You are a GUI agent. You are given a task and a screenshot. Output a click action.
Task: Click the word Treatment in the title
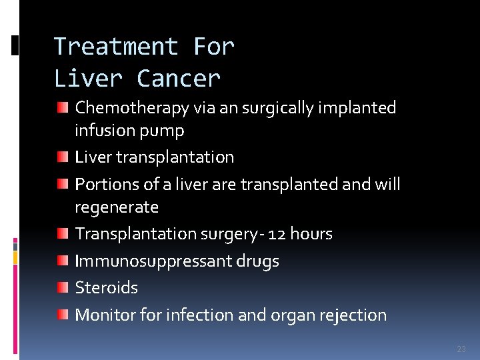115,47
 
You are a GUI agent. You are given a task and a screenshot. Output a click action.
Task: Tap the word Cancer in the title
178,79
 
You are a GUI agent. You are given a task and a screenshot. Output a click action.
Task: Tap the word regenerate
117,207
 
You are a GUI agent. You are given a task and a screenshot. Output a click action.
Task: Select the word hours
312,234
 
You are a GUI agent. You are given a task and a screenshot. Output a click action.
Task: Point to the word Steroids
107,287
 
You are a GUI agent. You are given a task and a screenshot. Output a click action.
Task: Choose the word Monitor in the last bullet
104,315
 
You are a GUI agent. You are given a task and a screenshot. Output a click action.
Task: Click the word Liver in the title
88,79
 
